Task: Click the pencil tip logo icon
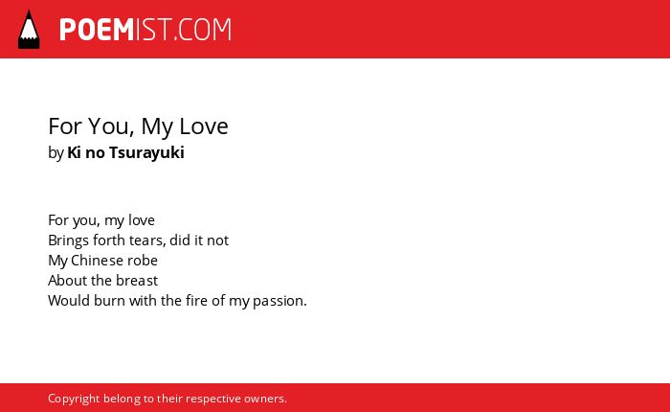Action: click(29, 30)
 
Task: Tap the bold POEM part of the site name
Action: click(97, 30)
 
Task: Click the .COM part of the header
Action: click(203, 30)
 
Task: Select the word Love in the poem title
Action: click(204, 126)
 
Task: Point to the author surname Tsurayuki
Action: click(146, 152)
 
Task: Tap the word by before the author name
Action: click(56, 152)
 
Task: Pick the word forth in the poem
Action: click(109, 240)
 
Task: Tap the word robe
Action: click(143, 260)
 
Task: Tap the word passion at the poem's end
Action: click(279, 301)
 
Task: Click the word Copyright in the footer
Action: click(74, 399)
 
